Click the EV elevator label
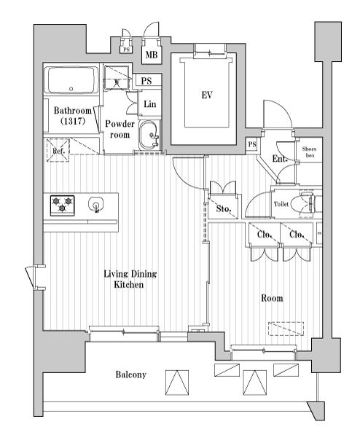(x=206, y=94)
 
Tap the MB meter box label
(x=152, y=55)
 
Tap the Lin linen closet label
(x=149, y=104)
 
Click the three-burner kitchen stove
(x=62, y=205)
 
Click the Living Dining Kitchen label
(x=130, y=279)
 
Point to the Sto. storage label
(x=224, y=210)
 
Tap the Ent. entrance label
(x=279, y=159)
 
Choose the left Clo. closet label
(x=263, y=235)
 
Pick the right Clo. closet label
(x=296, y=235)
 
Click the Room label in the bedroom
(x=272, y=298)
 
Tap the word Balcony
(x=131, y=375)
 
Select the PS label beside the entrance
(x=251, y=144)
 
